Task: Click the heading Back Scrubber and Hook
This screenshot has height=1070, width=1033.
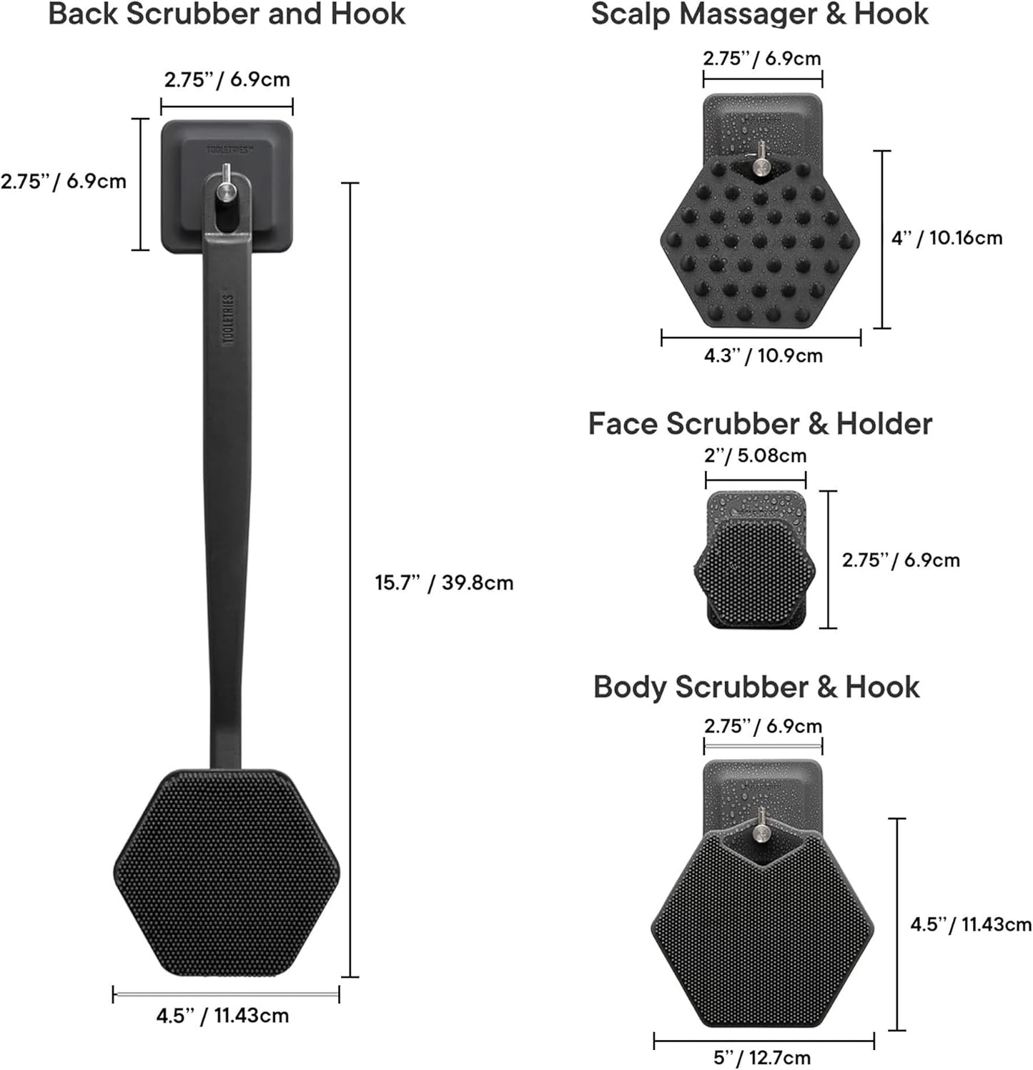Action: (x=227, y=14)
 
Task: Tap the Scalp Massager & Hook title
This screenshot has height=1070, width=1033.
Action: (x=759, y=14)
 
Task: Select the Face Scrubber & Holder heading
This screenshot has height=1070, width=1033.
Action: (x=760, y=424)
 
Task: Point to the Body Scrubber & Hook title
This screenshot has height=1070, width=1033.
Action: (x=756, y=687)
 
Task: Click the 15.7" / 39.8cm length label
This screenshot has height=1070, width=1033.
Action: (x=444, y=583)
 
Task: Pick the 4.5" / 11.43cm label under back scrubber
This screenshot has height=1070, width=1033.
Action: (x=222, y=1015)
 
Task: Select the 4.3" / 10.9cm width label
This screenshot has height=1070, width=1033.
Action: (x=763, y=355)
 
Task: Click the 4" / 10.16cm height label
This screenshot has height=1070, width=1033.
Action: (x=946, y=238)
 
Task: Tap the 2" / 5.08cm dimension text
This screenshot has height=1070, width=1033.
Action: (x=755, y=455)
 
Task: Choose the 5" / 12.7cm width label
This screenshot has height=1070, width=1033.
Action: (x=762, y=1057)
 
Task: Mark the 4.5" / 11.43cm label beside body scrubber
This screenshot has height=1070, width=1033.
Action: (x=970, y=924)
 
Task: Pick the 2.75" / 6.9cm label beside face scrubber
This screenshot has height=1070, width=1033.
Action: (x=900, y=560)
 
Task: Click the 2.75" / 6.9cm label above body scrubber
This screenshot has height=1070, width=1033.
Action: (x=763, y=726)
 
